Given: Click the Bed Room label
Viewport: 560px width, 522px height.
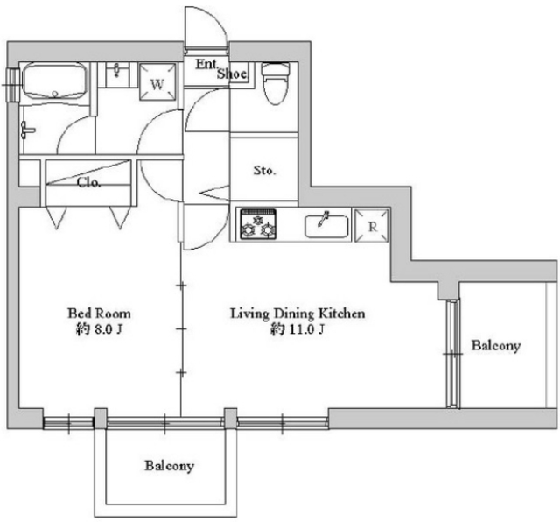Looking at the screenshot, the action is (99, 314).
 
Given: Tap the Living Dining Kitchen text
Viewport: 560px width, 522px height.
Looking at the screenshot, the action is (297, 314).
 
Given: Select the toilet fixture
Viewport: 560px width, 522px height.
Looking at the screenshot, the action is (275, 83).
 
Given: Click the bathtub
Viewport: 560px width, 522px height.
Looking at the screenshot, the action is (54, 82).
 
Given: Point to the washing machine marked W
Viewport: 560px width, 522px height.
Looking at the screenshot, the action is (157, 81).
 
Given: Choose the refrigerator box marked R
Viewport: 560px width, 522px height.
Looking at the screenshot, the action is (371, 226).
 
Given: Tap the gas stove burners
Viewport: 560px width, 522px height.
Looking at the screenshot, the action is (258, 224).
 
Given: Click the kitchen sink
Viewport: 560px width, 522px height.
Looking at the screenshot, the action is (326, 226).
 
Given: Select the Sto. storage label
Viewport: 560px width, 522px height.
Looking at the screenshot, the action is (264, 171).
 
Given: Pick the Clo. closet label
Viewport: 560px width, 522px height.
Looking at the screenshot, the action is (88, 183).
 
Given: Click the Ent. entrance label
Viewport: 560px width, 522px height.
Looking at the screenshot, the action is (206, 64).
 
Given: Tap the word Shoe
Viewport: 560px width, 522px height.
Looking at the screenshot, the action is (232, 74).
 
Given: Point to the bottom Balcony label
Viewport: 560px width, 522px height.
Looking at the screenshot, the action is (169, 466).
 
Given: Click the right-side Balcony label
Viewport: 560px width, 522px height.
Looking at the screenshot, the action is (496, 345).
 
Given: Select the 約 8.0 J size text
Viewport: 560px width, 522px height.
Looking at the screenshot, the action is (99, 329).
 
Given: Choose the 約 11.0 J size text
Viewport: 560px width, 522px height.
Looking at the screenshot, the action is (297, 329).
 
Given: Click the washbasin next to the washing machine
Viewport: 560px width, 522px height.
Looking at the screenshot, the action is (116, 74).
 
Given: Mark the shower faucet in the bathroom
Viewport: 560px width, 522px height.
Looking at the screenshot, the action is (28, 130).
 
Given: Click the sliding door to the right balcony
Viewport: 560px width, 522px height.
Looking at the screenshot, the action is (453, 354).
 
